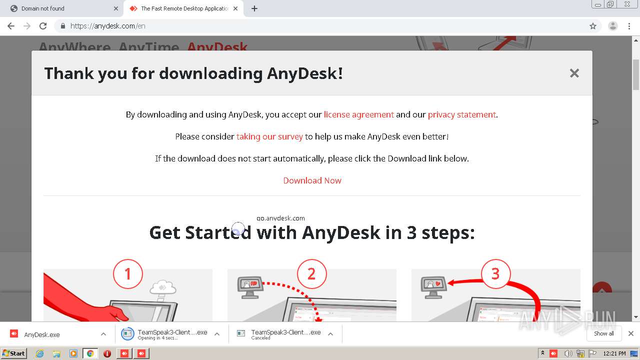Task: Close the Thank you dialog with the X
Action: click(x=574, y=73)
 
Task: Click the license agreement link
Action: click(x=358, y=114)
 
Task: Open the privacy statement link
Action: click(x=461, y=114)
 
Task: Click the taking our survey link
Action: click(x=269, y=136)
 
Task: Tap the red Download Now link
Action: click(x=312, y=180)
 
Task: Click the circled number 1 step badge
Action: click(x=127, y=273)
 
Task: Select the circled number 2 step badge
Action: click(x=311, y=273)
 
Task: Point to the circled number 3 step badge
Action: click(x=495, y=273)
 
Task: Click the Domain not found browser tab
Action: click(x=60, y=8)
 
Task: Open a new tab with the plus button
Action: click(x=254, y=8)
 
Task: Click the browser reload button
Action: click(x=43, y=26)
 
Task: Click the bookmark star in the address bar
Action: click(x=593, y=26)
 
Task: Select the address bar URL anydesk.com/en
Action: click(x=108, y=26)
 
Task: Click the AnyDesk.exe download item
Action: click(x=42, y=334)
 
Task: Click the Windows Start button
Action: click(x=13, y=353)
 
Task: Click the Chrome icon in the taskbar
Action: click(x=90, y=353)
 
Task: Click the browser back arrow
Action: click(x=11, y=26)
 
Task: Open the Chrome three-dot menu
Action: click(x=629, y=26)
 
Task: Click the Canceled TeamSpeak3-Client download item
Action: click(x=285, y=334)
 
